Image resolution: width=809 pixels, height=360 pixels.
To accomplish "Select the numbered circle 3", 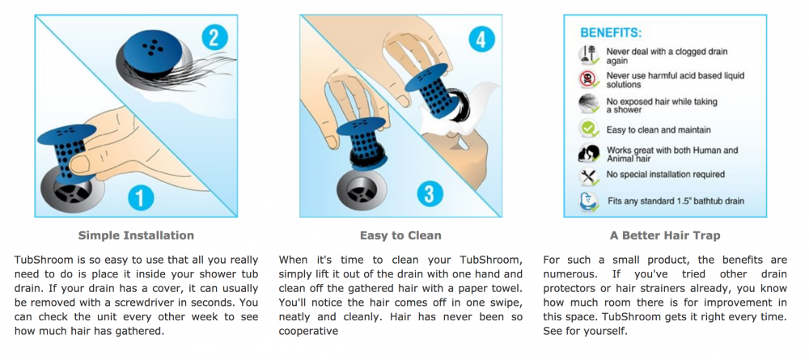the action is (430, 194).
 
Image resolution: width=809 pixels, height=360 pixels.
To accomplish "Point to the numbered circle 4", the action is (481, 40).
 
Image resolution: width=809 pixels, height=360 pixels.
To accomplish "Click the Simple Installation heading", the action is (136, 235).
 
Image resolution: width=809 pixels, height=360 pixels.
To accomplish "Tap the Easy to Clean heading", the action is (400, 235).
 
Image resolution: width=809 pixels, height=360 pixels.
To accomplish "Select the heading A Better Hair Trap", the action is (665, 235).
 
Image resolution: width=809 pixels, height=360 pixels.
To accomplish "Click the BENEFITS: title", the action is (611, 33).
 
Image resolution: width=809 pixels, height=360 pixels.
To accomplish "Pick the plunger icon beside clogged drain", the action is (589, 55).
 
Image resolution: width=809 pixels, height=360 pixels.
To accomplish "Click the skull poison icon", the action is (589, 79).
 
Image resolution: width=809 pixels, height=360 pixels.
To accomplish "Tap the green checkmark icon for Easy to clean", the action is (589, 129).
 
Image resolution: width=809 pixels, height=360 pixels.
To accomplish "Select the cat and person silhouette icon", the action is (589, 153).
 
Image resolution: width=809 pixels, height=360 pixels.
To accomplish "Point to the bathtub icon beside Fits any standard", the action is (589, 201).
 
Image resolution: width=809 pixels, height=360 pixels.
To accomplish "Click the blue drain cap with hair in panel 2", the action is (153, 49).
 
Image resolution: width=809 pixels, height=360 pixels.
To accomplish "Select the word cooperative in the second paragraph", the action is (308, 331).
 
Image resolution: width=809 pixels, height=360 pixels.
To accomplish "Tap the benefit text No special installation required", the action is (666, 175).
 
